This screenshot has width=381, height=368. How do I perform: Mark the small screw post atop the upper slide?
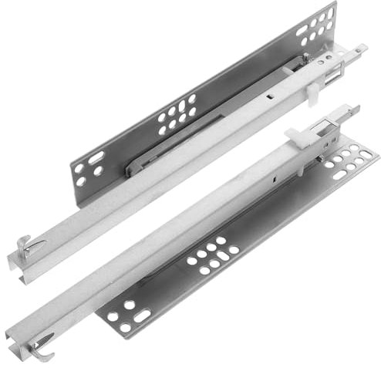point(305,58)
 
